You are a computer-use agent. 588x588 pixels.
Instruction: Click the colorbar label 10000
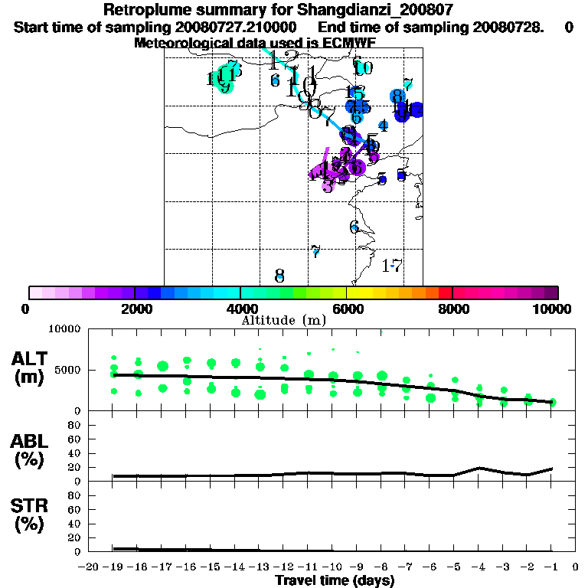point(552,309)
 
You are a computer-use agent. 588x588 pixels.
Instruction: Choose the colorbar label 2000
point(134,309)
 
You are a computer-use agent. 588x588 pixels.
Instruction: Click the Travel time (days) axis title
point(335,580)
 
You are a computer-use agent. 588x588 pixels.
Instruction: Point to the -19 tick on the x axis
point(113,567)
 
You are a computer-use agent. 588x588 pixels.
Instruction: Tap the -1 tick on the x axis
point(551,567)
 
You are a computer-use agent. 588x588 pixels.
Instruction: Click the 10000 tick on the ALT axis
point(64,330)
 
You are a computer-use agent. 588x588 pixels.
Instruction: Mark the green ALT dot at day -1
point(552,402)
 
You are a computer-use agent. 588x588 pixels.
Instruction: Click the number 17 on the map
point(392,266)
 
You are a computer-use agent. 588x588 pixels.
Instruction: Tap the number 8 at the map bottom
point(279,276)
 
